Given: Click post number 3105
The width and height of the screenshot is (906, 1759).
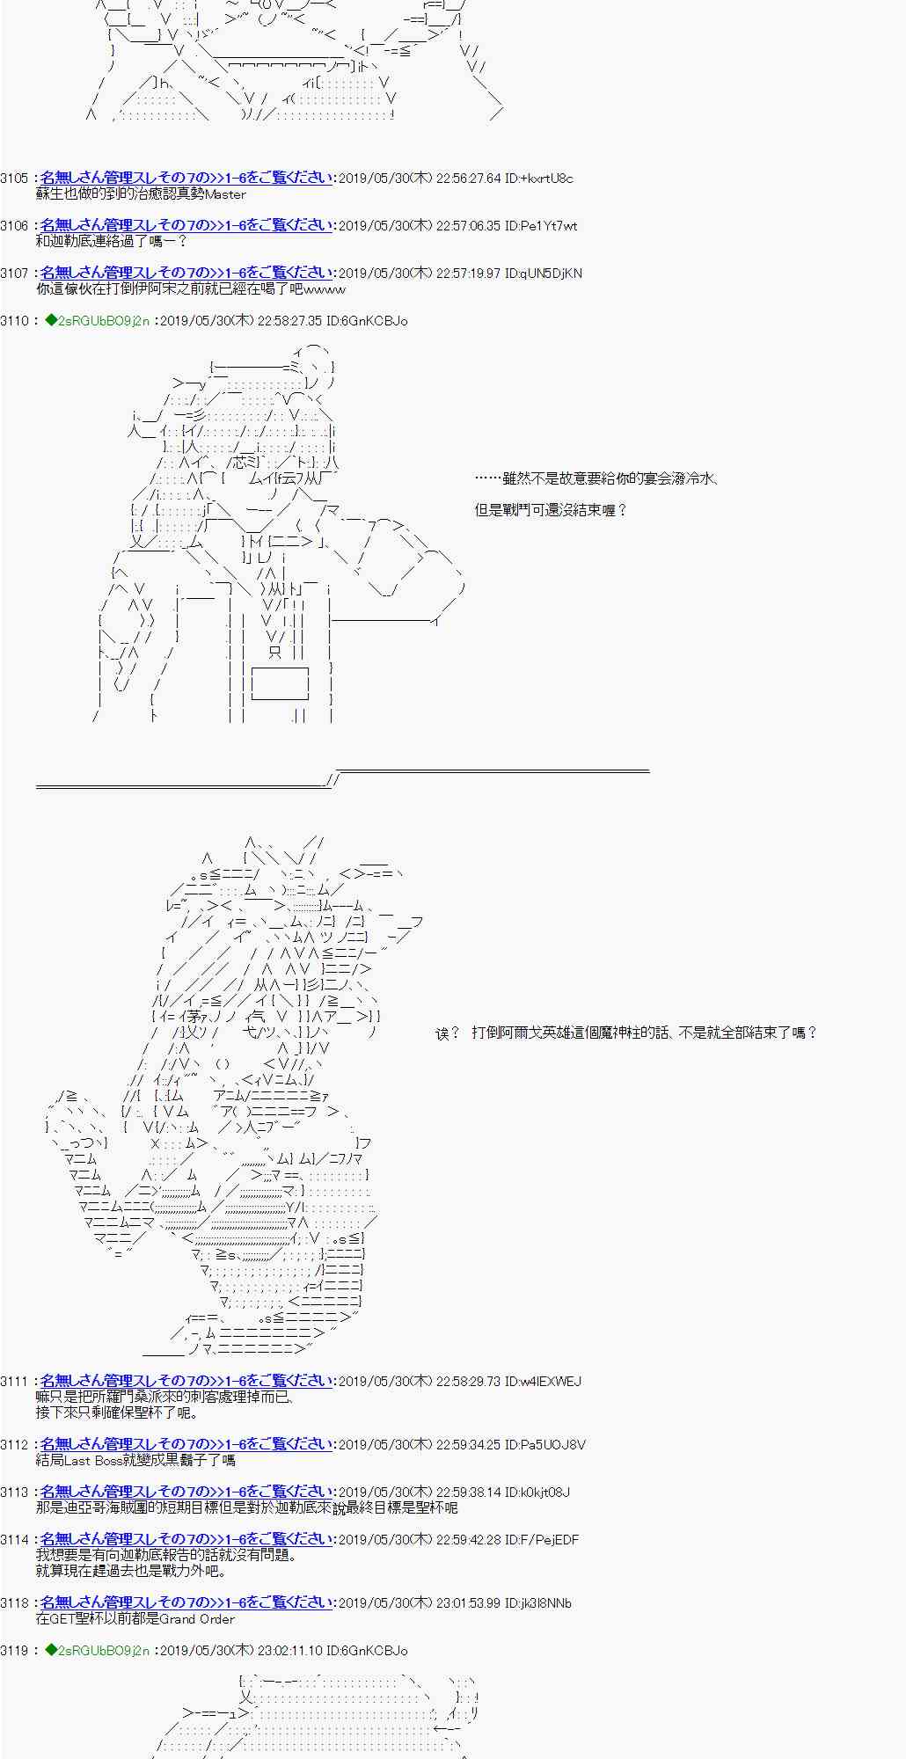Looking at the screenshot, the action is pyautogui.click(x=14, y=179).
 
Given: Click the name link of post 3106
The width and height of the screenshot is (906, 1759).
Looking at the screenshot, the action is pyautogui.click(x=186, y=226).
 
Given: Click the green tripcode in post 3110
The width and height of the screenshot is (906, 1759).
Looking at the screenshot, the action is pyautogui.click(x=97, y=321).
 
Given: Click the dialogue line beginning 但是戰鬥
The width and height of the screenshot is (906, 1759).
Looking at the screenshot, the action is pyautogui.click(x=551, y=510).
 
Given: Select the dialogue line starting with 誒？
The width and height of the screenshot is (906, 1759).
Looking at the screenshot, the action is pyautogui.click(x=626, y=1033).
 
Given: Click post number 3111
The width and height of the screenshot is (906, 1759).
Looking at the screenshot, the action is pyautogui.click(x=14, y=1382).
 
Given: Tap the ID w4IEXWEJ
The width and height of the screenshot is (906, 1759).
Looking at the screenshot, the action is pyautogui.click(x=544, y=1382).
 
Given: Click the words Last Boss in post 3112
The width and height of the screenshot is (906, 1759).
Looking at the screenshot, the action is pyautogui.click(x=92, y=1461).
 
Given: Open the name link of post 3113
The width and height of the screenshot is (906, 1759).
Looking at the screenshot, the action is pyautogui.click(x=186, y=1493).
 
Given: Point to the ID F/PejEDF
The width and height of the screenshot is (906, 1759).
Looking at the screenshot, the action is pyautogui.click(x=542, y=1540).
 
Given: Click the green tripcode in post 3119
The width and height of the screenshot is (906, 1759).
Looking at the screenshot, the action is pyautogui.click(x=97, y=1651).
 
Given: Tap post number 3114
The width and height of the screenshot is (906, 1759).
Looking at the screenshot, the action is pyautogui.click(x=14, y=1540).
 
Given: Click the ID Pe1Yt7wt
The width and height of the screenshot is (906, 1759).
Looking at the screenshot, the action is pyautogui.click(x=542, y=226).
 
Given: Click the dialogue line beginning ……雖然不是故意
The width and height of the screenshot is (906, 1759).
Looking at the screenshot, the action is pyautogui.click(x=596, y=478).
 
